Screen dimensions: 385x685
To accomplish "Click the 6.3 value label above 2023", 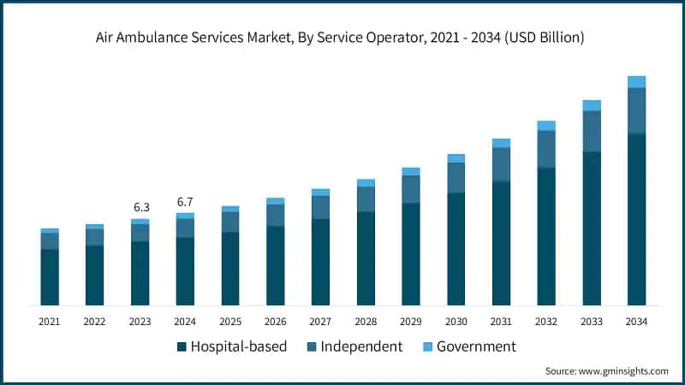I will click(x=140, y=207).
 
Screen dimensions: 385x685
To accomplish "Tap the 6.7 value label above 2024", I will click(x=185, y=202).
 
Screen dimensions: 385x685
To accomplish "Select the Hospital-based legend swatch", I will click(x=182, y=347).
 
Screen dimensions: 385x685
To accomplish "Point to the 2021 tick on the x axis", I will click(x=50, y=322).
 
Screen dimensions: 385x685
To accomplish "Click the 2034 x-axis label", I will click(x=636, y=322).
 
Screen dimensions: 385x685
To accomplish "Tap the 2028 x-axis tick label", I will click(x=366, y=322).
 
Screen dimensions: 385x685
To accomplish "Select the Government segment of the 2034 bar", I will click(x=636, y=81).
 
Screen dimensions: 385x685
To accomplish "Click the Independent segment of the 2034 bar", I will click(x=636, y=110).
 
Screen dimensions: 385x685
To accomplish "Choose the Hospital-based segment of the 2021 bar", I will click(x=50, y=277).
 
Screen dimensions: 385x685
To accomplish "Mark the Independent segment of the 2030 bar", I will click(x=456, y=177).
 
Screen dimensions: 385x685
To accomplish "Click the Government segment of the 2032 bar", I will click(x=546, y=126).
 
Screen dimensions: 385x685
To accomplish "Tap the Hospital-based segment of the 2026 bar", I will click(x=276, y=265).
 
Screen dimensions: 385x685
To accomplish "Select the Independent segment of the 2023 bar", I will click(x=140, y=233).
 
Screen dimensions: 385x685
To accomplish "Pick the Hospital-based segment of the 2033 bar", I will click(x=592, y=228).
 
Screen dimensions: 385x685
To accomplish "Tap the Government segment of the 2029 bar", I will click(x=411, y=171).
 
